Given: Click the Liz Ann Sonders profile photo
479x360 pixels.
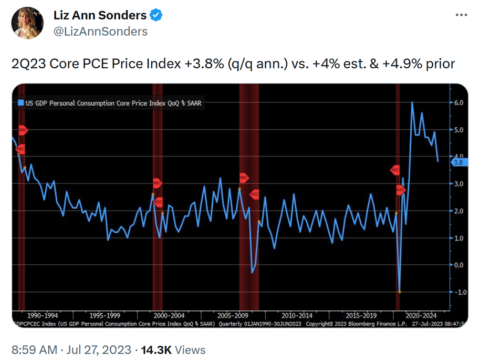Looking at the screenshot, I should pos(27,23).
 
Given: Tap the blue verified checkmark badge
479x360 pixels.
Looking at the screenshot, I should pos(156,16).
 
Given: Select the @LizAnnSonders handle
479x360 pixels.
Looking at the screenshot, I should pos(100,32).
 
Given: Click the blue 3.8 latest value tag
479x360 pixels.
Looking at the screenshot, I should pos(457,163).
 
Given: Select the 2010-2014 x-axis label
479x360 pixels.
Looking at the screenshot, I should pos(297,315).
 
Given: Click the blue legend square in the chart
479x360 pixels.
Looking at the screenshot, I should pos(21,103).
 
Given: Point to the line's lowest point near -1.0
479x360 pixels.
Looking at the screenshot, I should pos(400,292).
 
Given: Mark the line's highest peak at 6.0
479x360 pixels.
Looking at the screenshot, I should pos(412,102).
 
